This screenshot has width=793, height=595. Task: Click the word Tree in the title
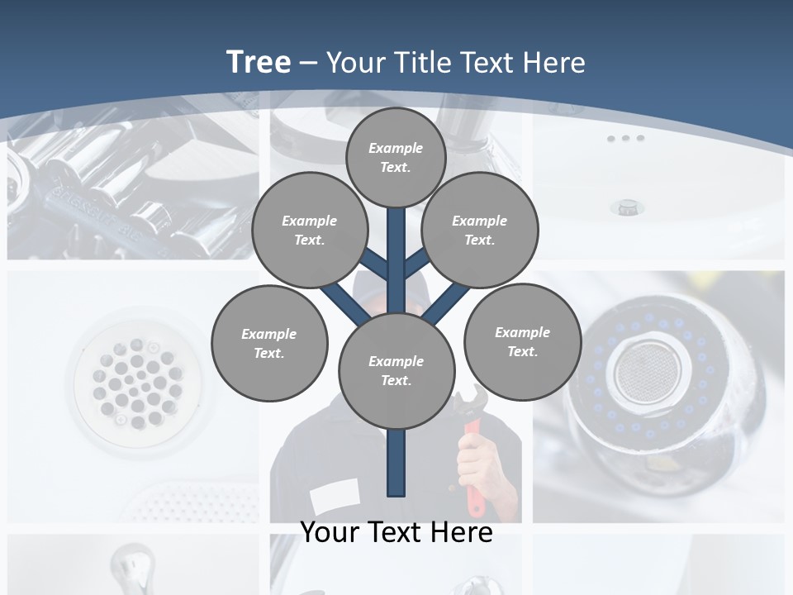point(259,62)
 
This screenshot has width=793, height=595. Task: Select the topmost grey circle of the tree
point(396,157)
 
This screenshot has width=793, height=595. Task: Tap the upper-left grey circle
point(309,230)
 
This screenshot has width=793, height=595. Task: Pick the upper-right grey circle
point(480,230)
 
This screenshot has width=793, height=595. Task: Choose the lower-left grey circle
point(269,343)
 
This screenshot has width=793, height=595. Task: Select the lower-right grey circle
point(522,341)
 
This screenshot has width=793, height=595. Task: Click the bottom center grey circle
point(396,370)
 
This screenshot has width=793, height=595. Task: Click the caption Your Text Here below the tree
point(396,532)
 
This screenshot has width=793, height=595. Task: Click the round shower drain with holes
point(136,381)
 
